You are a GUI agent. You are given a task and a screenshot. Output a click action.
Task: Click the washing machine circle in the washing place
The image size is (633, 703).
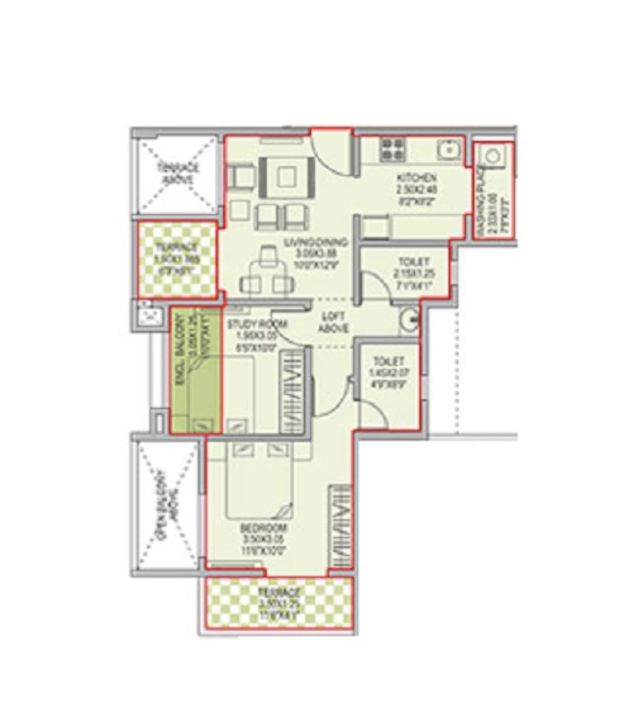[494, 156]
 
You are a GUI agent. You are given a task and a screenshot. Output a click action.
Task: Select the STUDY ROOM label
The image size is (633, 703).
[257, 324]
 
